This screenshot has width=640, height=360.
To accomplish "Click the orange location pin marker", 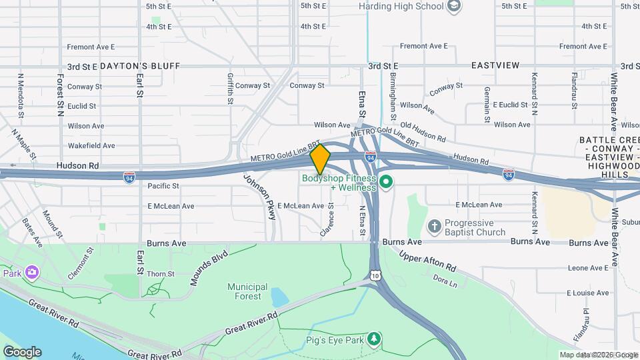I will click(321, 159).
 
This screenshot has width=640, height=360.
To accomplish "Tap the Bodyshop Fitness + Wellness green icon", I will click(385, 181).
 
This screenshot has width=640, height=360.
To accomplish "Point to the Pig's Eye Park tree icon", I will click(375, 340).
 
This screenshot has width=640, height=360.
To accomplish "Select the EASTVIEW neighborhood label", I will click(495, 66).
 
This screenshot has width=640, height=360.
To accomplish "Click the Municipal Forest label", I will click(247, 291).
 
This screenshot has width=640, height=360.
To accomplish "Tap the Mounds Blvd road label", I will click(209, 267).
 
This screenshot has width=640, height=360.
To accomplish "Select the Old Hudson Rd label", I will click(422, 131).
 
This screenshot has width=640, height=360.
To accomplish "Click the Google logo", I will click(21, 352).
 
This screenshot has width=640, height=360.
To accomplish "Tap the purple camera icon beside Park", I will click(31, 272).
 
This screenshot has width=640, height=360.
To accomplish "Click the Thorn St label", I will click(161, 274).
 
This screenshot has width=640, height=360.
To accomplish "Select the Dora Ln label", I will click(445, 281).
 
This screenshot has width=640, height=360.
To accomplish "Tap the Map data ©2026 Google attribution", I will click(598, 355).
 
